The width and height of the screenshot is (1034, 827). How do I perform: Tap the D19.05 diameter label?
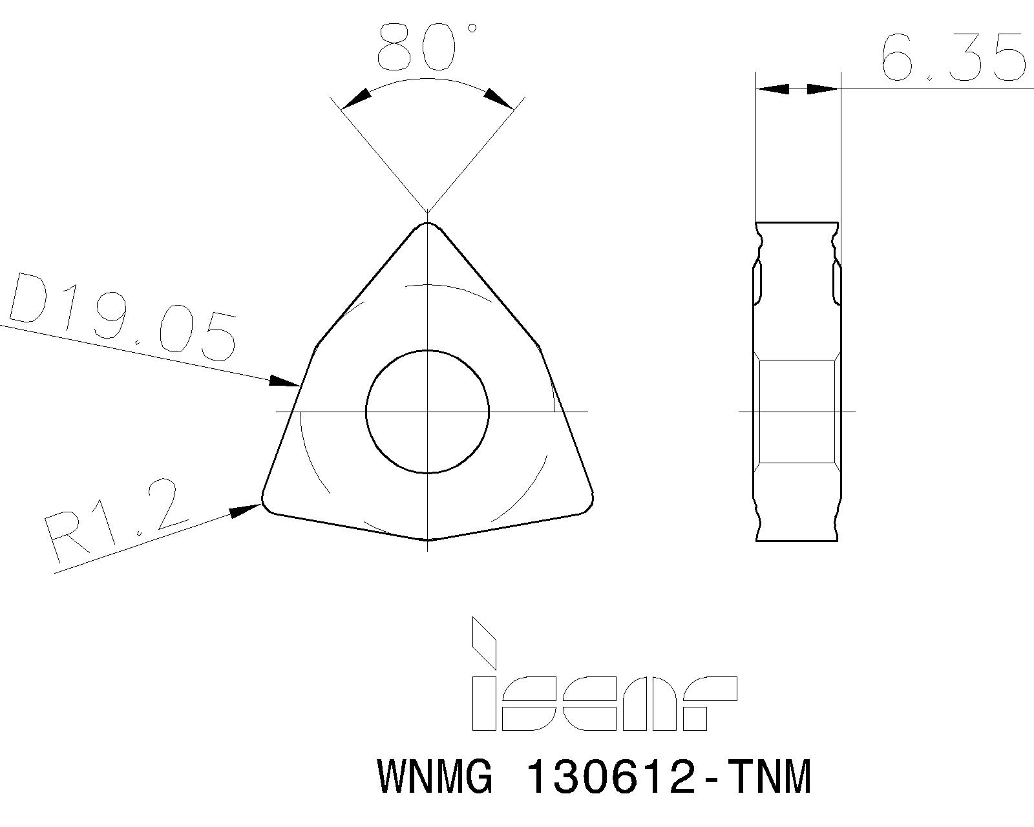tap(123, 317)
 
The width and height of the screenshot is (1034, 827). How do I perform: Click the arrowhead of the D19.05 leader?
tap(284, 382)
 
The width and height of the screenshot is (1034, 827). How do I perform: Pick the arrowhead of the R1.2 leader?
tap(246, 511)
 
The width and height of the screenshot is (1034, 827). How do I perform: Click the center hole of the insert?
tap(428, 412)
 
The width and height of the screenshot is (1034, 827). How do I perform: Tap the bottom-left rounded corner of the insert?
tap(267, 504)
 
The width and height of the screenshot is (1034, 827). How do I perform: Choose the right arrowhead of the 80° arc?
tap(499, 98)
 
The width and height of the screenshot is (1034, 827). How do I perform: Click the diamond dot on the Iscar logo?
tap(484, 643)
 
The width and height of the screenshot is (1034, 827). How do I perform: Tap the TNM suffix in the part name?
tap(768, 777)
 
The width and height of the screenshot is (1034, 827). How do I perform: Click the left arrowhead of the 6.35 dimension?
tap(773, 89)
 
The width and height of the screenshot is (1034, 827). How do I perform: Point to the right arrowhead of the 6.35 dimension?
tap(823, 89)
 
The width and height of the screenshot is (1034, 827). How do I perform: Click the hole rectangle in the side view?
tap(797, 412)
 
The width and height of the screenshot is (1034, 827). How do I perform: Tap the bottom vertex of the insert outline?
tap(428, 539)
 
